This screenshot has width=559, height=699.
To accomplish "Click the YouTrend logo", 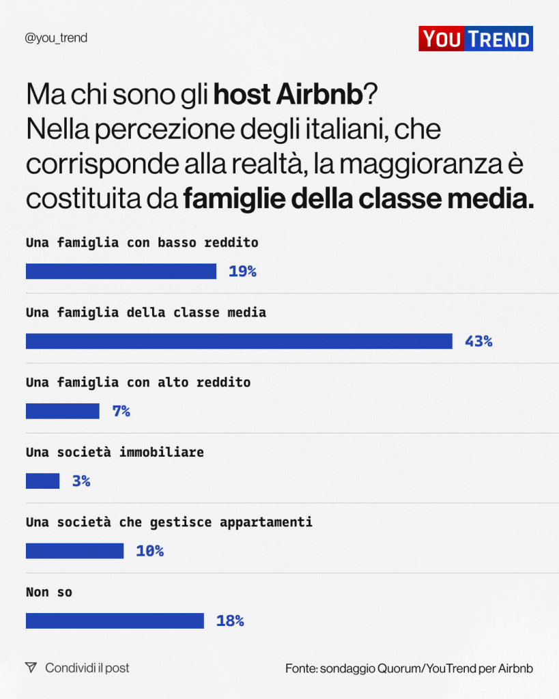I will coord(475,39).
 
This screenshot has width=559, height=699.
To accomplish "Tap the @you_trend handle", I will coord(56,38).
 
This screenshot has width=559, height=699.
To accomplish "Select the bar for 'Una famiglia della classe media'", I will coord(239,341).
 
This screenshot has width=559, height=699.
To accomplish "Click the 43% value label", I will coord(478,341).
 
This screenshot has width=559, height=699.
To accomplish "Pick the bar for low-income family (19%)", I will coord(121,272).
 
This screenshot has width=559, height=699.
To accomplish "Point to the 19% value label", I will coord(242,272).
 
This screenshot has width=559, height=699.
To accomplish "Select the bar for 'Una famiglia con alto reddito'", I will coord(62,411).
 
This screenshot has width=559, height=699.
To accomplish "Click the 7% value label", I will coord(121,412).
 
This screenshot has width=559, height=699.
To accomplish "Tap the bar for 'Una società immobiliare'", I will coord(42,481).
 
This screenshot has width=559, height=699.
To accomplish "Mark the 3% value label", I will coord(81,481).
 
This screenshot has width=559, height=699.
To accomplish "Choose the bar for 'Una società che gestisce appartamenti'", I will coord(74,551).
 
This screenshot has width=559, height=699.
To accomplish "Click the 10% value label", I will coord(149,551).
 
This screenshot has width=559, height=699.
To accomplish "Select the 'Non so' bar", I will coord(115,620).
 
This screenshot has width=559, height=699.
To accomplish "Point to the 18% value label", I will coord(230,621).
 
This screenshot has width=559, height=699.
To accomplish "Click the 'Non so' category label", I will coord(48,593).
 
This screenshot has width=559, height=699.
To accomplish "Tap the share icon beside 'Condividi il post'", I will coord(31,668).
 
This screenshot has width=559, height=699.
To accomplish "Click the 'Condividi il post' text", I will coord(87,668).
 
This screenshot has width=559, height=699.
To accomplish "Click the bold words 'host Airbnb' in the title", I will coord(287,95).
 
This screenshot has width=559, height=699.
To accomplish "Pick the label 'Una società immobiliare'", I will coord(115,453).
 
